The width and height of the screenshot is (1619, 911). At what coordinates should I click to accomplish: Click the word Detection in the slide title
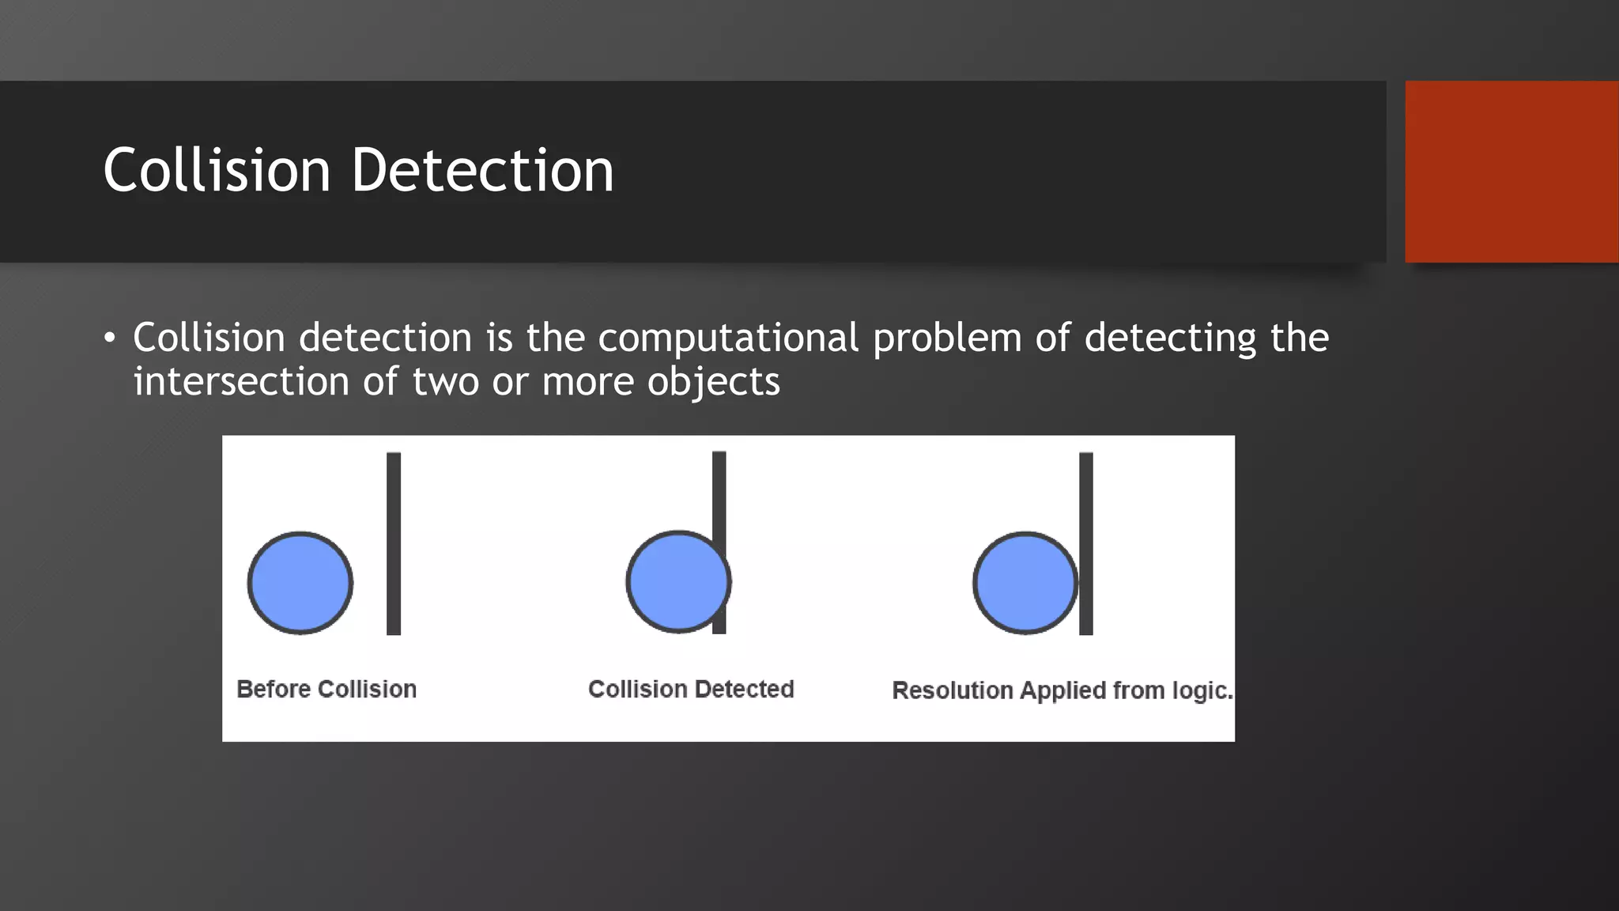(x=482, y=170)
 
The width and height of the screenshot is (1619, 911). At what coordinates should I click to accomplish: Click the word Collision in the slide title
(x=217, y=170)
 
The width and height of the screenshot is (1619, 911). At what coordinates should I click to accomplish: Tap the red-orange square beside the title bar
(x=1511, y=172)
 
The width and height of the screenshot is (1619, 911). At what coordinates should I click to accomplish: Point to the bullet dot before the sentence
(x=110, y=339)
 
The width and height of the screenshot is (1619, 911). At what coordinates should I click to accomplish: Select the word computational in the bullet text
(x=728, y=338)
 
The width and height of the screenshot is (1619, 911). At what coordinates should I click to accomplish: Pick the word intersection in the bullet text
(x=240, y=382)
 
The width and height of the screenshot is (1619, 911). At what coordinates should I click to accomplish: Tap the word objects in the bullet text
(x=713, y=382)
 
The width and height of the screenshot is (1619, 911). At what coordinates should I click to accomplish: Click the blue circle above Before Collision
(x=300, y=583)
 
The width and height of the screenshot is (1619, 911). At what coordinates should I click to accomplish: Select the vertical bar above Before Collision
(x=394, y=543)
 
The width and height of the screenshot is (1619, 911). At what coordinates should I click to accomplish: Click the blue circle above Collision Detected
(x=677, y=581)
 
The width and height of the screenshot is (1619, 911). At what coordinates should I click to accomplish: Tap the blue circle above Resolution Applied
(x=1025, y=583)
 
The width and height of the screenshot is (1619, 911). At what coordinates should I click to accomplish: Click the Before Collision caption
(x=326, y=689)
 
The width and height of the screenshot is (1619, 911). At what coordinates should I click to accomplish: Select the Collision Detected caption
(x=691, y=689)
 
